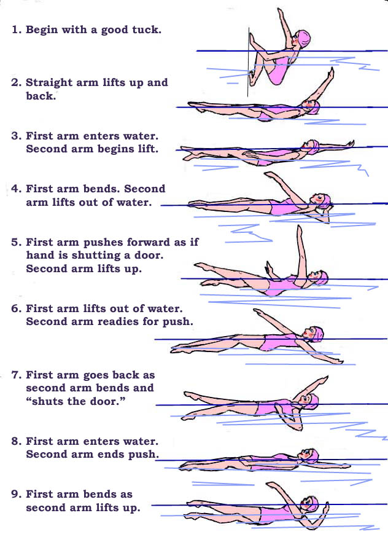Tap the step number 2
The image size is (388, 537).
(x=16, y=82)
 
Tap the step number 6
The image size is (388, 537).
(x=16, y=308)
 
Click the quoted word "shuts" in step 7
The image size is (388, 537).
(x=45, y=401)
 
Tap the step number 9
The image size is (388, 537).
(x=16, y=494)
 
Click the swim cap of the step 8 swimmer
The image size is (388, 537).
(x=312, y=455)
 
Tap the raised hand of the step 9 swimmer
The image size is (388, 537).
(x=271, y=485)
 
